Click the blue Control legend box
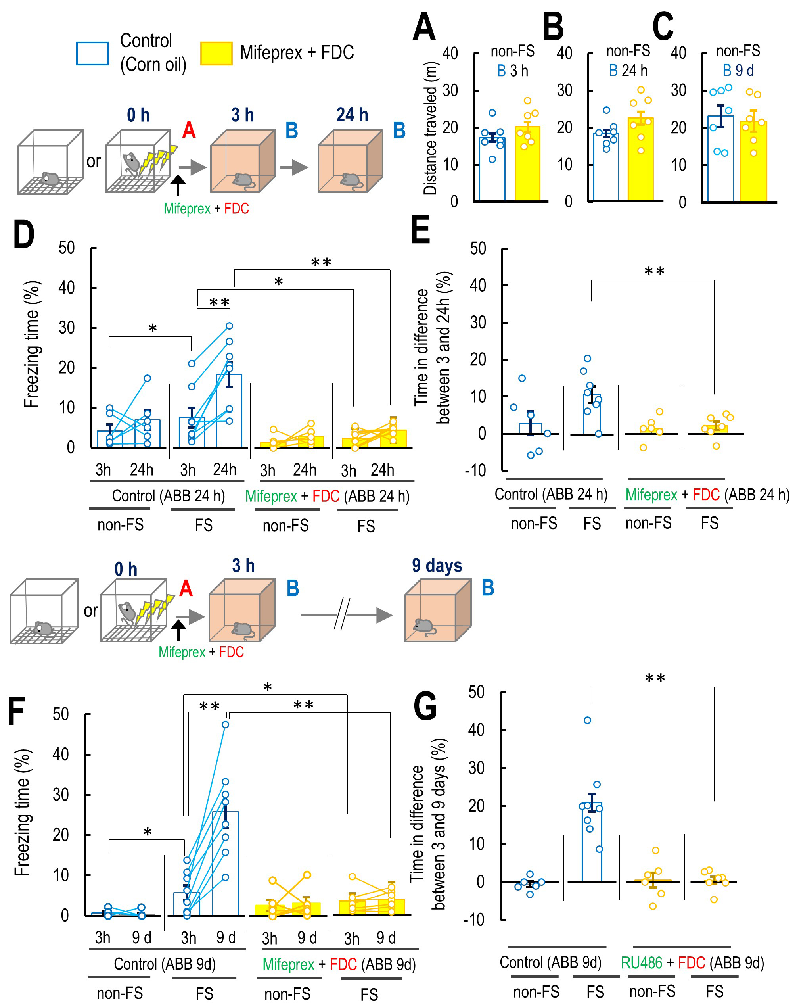(x=92, y=53)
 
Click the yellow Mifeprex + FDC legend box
(x=216, y=53)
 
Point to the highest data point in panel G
(x=588, y=720)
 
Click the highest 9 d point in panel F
(x=225, y=724)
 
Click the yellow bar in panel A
(x=527, y=163)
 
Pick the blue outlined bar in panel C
(x=720, y=159)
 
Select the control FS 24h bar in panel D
(x=229, y=411)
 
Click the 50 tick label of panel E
(x=478, y=248)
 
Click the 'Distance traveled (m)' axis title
(x=430, y=128)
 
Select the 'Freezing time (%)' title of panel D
(x=31, y=344)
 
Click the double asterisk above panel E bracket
(x=654, y=271)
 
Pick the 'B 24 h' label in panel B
(x=628, y=71)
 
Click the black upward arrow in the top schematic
(x=178, y=185)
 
